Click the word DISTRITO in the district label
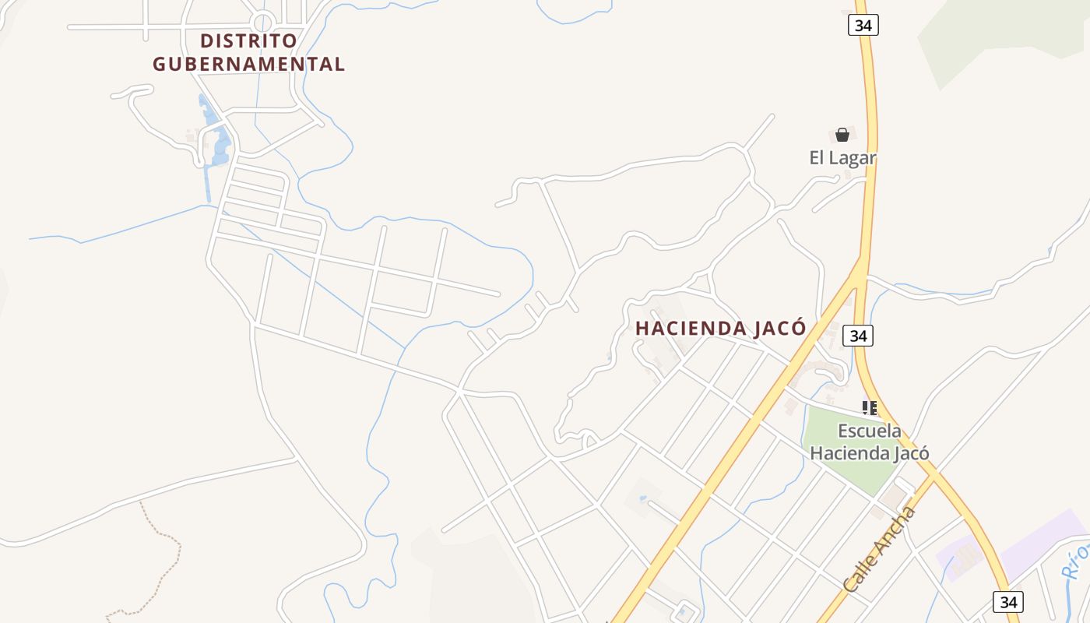248,40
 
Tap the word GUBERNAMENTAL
248,64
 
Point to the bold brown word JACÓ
780,329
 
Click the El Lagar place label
842,158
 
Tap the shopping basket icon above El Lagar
842,135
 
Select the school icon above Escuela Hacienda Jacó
870,407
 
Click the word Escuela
870,431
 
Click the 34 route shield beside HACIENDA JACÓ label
858,336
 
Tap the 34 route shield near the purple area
1008,602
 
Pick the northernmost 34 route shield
863,25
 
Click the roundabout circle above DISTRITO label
263,23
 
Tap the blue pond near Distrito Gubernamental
220,145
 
